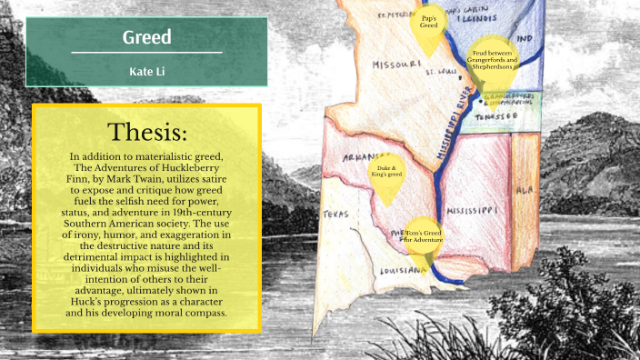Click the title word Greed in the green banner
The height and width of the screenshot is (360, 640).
tap(147, 39)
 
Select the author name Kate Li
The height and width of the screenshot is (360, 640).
tap(147, 70)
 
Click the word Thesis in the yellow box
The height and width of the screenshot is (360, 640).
tap(147, 133)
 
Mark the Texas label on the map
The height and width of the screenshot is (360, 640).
tap(336, 215)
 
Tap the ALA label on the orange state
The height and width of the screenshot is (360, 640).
tap(525, 193)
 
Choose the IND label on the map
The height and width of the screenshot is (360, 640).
tap(524, 41)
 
